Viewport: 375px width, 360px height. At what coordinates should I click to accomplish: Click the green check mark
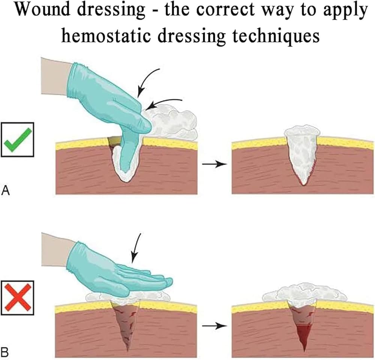[18, 140]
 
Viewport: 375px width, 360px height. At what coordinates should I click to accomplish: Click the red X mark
[18, 298]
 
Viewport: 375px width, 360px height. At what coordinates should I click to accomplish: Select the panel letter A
[5, 191]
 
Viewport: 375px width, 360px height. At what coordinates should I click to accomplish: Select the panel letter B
[5, 353]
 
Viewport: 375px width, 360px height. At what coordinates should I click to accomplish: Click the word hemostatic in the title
[106, 36]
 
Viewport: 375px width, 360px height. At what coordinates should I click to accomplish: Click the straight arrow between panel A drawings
[214, 164]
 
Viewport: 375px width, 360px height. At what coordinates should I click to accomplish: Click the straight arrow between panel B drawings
[214, 326]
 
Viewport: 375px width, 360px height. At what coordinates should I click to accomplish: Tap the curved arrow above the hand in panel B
[136, 248]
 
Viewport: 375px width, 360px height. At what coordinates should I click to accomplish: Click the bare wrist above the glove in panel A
[56, 76]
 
